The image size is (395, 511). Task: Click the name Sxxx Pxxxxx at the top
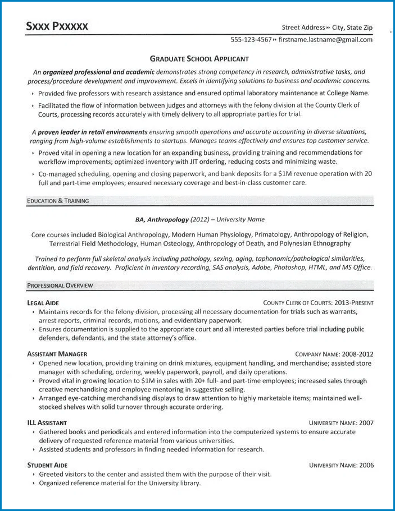[x=57, y=26]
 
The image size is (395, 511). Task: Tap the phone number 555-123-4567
[x=251, y=40]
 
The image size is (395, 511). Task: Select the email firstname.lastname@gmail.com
[x=325, y=40]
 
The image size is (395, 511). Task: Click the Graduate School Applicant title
[x=199, y=58]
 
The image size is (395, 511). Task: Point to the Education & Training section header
[x=58, y=201]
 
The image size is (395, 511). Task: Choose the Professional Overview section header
[x=60, y=286]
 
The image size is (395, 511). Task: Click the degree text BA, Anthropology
[x=162, y=219]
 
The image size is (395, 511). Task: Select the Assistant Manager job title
[x=57, y=354]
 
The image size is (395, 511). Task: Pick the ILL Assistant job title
[x=47, y=422]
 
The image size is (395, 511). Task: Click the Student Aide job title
[x=47, y=465]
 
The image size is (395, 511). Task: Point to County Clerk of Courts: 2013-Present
[x=318, y=303]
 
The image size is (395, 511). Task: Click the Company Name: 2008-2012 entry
[x=334, y=354]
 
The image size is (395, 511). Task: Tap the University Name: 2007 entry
[x=341, y=422]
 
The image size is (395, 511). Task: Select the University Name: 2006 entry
[x=341, y=465]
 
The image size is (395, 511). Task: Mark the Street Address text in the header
[x=303, y=27]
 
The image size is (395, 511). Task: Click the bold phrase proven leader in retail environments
[x=97, y=132]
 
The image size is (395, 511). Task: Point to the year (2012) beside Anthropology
[x=201, y=219]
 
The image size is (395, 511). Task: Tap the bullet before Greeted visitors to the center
[x=34, y=475]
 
